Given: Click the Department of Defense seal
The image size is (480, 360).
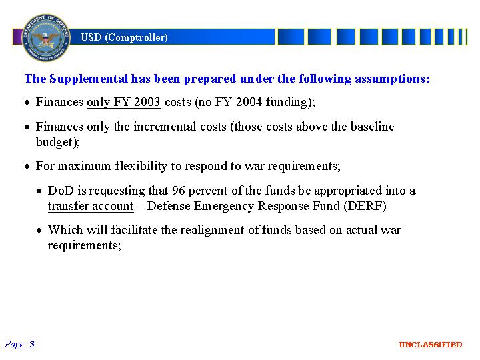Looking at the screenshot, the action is pos(46,37).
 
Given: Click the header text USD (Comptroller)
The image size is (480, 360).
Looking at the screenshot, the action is pos(124,37).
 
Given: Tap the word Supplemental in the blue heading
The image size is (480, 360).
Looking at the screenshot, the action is pos(89,79).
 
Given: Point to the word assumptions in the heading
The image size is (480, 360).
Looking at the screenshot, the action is pos(392,79).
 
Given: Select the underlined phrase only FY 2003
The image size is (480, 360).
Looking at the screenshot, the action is pos(123,102).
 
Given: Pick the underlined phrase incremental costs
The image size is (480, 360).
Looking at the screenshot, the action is pos(180,127).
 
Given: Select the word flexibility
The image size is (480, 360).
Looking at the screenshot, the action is pos(141,166).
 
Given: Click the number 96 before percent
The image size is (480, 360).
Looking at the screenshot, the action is pos(179,191).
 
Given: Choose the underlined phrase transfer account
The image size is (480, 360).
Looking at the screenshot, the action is pos(91,206).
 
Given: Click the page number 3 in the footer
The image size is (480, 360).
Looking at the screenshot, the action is pos(32,345).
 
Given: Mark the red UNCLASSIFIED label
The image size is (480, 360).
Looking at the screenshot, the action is pos(431,345).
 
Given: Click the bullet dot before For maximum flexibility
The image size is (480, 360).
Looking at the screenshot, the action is pos(27,167).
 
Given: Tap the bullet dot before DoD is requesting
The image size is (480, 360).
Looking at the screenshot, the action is pos(39,191).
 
